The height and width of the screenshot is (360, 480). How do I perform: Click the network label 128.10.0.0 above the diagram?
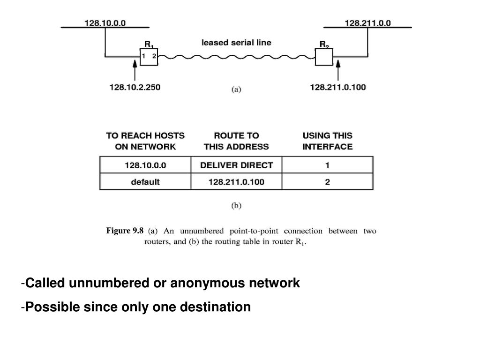click(x=105, y=22)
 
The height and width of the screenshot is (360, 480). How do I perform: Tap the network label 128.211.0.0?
click(x=368, y=22)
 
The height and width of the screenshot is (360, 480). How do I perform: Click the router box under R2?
click(x=324, y=57)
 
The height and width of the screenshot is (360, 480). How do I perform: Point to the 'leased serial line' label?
click(x=236, y=43)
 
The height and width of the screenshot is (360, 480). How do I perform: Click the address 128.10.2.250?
click(x=135, y=87)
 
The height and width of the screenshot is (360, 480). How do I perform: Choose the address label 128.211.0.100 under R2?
click(x=338, y=87)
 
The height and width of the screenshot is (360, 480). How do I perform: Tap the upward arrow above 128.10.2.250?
click(x=135, y=73)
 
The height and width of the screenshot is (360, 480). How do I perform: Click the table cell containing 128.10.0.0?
click(x=145, y=165)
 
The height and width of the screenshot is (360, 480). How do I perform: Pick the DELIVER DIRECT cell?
click(x=236, y=165)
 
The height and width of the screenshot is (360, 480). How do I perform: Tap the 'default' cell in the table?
click(x=145, y=182)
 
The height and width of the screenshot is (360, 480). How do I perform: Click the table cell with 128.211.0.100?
click(x=236, y=182)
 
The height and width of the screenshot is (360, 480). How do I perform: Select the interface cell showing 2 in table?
click(x=327, y=182)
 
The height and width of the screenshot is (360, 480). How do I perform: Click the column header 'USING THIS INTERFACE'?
click(x=327, y=141)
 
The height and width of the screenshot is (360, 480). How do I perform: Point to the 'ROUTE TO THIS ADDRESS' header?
click(x=236, y=141)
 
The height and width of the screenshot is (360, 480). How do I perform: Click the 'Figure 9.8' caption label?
click(x=125, y=231)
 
